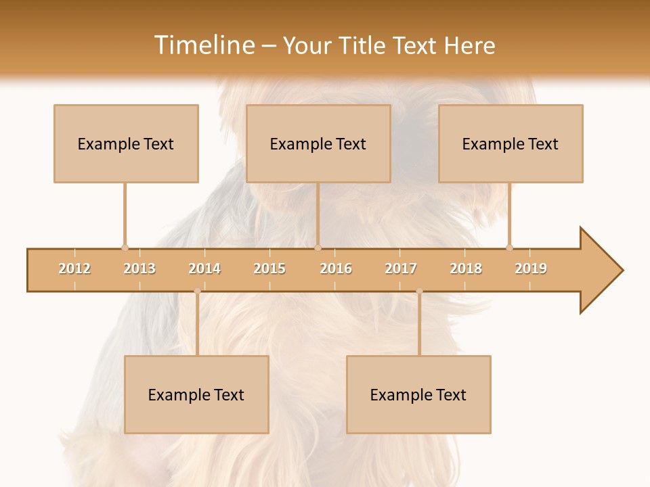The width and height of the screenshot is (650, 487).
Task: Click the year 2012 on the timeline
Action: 74,269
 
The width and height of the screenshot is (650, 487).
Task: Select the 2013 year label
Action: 139,269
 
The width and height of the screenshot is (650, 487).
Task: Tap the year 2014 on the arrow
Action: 204,269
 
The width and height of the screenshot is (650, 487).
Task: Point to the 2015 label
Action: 269,269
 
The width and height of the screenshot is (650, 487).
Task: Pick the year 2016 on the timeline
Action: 336,269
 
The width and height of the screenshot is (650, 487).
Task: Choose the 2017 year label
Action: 401,269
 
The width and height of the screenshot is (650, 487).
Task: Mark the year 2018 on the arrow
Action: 466,269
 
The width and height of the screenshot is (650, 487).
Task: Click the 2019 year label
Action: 531,269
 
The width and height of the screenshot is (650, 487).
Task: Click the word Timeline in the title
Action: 204,45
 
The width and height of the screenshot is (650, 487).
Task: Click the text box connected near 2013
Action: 126,143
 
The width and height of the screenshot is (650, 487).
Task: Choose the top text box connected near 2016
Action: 318,143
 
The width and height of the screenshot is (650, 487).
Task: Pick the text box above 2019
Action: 511,143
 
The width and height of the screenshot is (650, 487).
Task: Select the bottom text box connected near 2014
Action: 196,394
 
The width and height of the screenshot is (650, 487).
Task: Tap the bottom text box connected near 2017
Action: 418,394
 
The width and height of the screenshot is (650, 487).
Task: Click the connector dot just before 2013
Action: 125,248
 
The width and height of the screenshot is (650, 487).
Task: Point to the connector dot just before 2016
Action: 318,248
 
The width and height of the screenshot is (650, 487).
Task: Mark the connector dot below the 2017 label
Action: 419,292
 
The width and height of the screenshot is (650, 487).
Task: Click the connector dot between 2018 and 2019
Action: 509,248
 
